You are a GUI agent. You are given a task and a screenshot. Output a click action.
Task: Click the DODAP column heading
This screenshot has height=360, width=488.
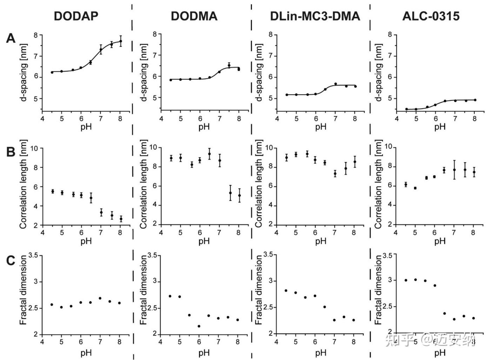(x=76, y=16)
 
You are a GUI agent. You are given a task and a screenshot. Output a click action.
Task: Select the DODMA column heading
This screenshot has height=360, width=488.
(x=194, y=16)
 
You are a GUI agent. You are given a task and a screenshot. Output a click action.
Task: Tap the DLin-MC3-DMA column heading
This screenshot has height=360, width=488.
(x=315, y=16)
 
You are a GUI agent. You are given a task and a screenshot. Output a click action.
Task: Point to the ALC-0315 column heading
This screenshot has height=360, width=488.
(x=431, y=16)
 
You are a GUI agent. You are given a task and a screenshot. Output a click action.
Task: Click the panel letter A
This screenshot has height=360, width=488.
(x=11, y=38)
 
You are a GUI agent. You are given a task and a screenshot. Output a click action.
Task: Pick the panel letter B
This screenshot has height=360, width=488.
(x=11, y=152)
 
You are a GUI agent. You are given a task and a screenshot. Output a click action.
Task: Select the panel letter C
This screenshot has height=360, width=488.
(x=11, y=261)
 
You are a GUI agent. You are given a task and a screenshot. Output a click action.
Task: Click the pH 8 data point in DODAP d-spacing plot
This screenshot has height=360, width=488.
(x=121, y=41)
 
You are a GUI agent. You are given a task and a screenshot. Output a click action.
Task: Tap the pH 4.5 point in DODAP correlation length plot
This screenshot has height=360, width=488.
(x=53, y=191)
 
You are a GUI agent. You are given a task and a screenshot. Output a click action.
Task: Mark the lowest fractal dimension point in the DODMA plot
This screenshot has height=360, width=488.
(x=199, y=326)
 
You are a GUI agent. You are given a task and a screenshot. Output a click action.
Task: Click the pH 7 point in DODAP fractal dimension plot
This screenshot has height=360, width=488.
(x=100, y=298)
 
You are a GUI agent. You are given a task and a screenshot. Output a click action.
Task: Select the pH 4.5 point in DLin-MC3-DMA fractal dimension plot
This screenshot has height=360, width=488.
(x=286, y=291)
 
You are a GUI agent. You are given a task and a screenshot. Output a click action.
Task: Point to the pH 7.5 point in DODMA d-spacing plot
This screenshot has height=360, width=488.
(x=229, y=65)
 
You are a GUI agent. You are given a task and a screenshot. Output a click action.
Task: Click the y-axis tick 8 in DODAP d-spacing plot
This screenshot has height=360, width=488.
(x=36, y=35)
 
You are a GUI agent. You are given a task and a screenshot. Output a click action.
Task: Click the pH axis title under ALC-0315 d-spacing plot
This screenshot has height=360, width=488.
(x=440, y=127)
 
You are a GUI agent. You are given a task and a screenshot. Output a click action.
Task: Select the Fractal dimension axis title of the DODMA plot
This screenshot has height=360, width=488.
(x=144, y=290)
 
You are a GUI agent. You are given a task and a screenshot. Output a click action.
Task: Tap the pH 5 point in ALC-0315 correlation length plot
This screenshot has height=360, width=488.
(x=415, y=188)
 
